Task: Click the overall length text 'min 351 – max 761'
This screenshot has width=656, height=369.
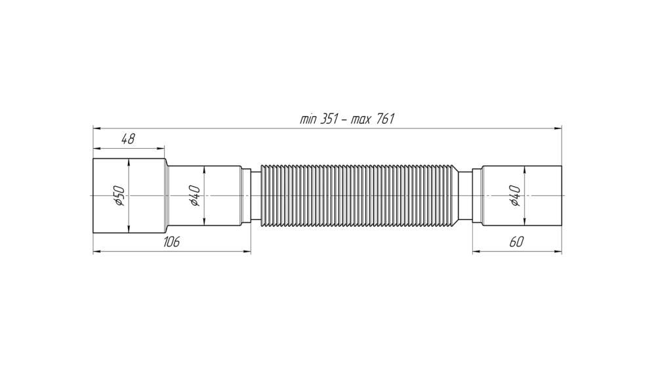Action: click(347, 119)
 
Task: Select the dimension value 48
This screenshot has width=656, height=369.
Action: click(128, 139)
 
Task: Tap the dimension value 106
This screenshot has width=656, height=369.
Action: click(171, 242)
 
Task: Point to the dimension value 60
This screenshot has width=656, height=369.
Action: click(517, 242)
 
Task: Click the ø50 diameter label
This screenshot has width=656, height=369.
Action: click(119, 195)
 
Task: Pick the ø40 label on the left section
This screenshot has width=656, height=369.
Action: click(195, 195)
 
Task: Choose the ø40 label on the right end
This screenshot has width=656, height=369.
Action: click(515, 195)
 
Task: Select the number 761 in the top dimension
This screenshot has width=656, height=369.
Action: click(386, 119)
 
